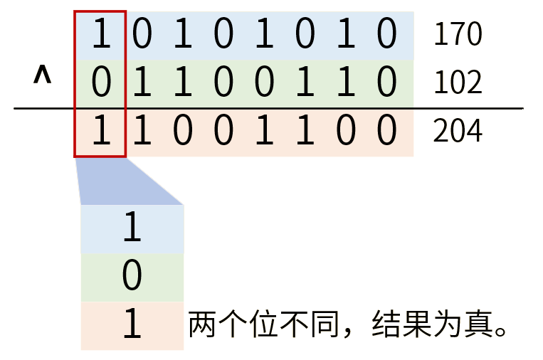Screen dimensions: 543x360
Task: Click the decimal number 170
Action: pyautogui.click(x=458, y=34)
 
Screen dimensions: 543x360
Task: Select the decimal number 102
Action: pyautogui.click(x=458, y=83)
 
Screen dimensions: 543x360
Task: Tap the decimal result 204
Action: pyautogui.click(x=458, y=132)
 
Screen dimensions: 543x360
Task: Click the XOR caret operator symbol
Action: pyautogui.click(x=42, y=75)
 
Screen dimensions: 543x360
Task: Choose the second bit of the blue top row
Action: pyautogui.click(x=142, y=35)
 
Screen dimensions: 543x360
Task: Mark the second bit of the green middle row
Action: pyautogui.click(x=142, y=84)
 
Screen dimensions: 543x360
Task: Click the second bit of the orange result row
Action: pyautogui.click(x=142, y=132)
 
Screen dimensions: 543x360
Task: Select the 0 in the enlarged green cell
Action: pyautogui.click(x=132, y=277)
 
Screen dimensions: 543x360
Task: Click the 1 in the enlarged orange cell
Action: pyautogui.click(x=132, y=326)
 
